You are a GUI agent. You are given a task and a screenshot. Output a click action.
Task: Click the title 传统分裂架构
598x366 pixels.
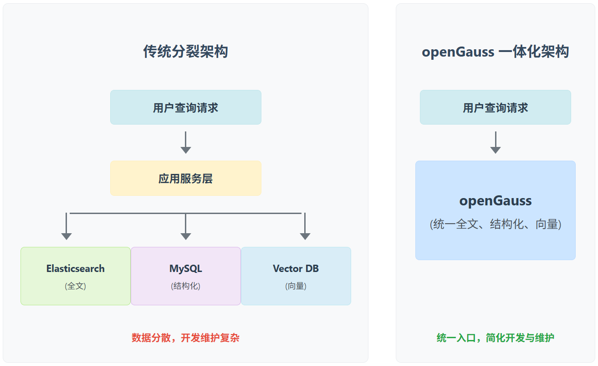tap(185, 52)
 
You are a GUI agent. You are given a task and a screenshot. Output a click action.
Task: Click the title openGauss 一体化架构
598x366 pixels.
tap(495, 52)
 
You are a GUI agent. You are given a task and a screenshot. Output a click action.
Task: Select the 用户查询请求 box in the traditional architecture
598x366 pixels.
tap(185, 107)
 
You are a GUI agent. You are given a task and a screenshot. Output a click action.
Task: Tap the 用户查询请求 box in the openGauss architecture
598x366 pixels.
tap(495, 107)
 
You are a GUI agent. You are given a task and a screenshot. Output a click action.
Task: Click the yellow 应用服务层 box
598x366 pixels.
tap(185, 178)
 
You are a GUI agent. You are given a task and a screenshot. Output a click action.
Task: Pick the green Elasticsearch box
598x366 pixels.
tap(76, 276)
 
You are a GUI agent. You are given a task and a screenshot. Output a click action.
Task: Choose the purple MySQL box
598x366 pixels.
tap(185, 276)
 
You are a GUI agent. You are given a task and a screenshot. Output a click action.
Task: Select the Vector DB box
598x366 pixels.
tap(296, 276)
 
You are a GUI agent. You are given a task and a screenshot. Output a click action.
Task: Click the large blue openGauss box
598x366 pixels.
tap(495, 210)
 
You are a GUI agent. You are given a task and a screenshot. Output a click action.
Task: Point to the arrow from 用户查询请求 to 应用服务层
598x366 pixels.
tap(185, 142)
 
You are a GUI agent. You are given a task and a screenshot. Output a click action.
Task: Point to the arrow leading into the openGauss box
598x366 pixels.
tap(495, 142)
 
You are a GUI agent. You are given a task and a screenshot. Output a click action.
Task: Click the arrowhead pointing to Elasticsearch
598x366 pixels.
tap(66, 236)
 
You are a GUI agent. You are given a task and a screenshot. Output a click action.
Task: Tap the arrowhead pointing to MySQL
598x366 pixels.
tap(185, 236)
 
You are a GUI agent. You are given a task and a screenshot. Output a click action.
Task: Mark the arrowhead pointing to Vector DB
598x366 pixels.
tap(305, 236)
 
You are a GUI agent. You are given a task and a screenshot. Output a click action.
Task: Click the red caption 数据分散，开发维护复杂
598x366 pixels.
tap(185, 338)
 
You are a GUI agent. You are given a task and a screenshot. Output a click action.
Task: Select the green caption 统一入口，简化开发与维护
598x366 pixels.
tap(495, 338)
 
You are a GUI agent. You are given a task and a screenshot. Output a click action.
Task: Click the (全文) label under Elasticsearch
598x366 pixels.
tap(76, 286)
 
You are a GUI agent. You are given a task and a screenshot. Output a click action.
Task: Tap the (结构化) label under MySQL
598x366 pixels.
tap(185, 286)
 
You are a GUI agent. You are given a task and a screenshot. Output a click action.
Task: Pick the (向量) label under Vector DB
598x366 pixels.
tap(296, 286)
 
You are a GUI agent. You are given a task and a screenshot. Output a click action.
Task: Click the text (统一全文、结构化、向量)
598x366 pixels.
tap(495, 224)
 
